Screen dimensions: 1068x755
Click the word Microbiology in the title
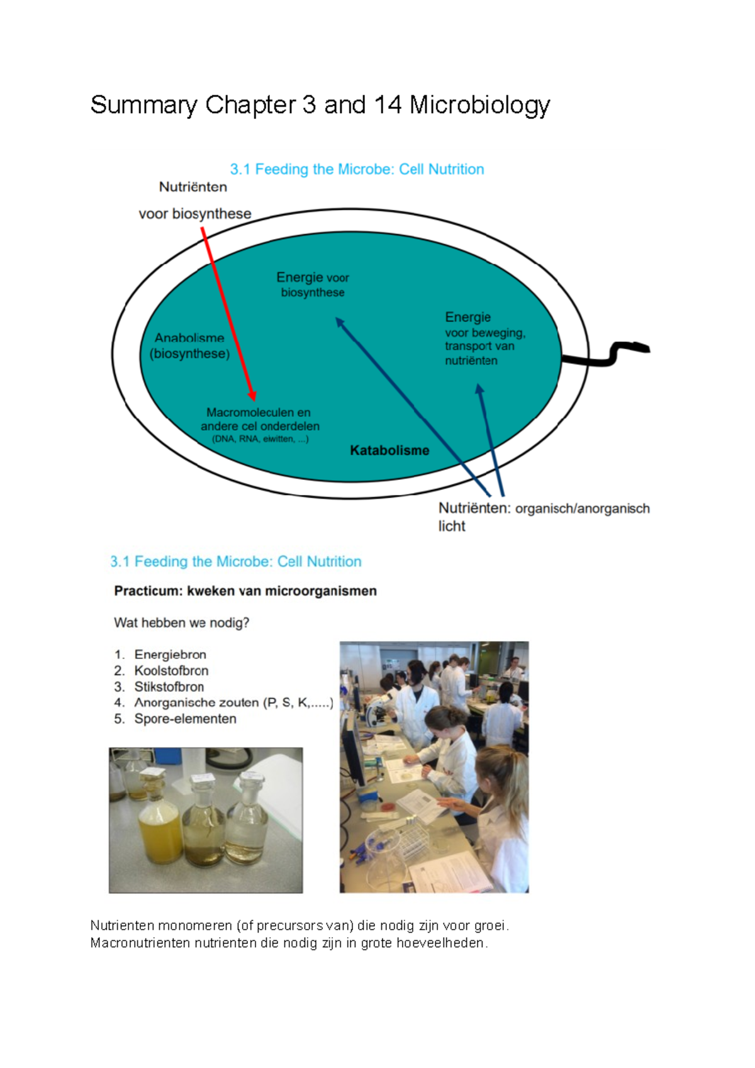tap(479, 105)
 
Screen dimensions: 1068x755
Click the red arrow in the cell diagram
tap(228, 314)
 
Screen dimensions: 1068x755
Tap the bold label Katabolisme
tap(389, 450)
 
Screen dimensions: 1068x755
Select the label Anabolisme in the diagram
tap(189, 338)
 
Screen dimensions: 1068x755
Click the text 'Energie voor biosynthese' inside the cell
tap(313, 284)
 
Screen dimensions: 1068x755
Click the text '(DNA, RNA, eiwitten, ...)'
tap(260, 439)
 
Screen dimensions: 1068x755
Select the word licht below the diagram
tap(452, 526)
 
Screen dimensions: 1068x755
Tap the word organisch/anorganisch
tap(582, 509)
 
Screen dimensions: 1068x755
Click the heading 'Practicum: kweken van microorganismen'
tap(245, 591)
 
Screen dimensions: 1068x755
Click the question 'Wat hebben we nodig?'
tap(181, 623)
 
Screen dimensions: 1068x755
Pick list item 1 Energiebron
tap(170, 655)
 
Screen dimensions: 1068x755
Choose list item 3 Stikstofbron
tap(169, 687)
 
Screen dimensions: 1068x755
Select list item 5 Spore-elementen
tap(185, 719)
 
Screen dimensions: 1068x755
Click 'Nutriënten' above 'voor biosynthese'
tap(193, 187)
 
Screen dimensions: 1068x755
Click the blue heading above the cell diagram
tap(357, 169)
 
